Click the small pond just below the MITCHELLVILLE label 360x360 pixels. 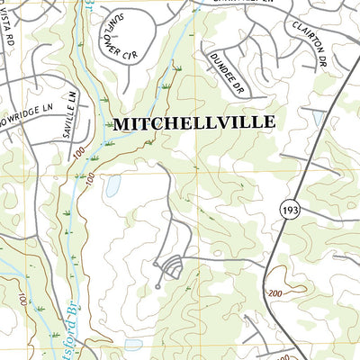point(113,187)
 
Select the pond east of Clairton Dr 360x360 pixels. point(317,118)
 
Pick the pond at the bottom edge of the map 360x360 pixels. point(133,345)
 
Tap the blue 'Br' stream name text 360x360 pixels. point(76,320)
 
